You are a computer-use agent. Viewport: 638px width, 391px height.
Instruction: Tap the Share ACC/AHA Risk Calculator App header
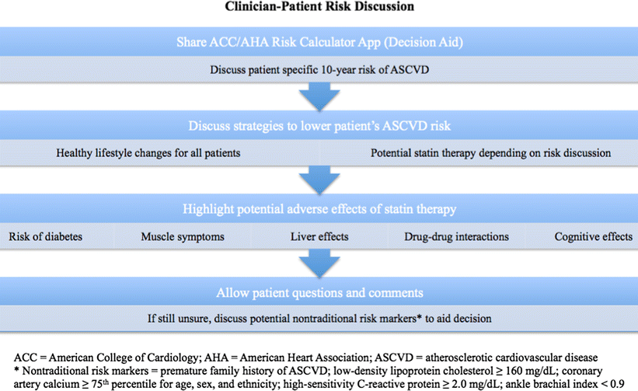tap(319, 40)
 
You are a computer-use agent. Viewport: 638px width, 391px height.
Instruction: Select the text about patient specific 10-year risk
tap(319, 68)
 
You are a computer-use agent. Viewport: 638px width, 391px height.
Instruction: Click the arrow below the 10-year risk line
tap(319, 96)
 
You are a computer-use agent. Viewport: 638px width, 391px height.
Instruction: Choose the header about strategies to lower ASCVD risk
tap(319, 127)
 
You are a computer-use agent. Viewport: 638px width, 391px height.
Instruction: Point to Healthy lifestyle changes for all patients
tap(148, 152)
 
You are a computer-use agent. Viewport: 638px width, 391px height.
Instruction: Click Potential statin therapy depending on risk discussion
tap(490, 152)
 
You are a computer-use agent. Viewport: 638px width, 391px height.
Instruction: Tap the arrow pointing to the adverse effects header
tap(319, 182)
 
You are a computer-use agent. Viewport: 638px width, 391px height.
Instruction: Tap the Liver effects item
tap(319, 236)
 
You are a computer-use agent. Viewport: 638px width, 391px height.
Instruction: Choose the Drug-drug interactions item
tap(451, 236)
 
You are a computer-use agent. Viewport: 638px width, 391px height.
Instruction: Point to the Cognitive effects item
tap(593, 236)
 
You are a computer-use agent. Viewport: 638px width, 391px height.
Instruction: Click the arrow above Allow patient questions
tap(319, 265)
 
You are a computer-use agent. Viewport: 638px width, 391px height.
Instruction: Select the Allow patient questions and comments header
tap(319, 294)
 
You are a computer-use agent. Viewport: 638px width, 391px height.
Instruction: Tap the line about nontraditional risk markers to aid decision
tap(319, 319)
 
